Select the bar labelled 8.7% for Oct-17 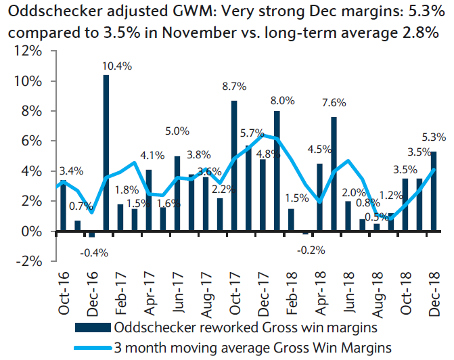[x=234, y=166]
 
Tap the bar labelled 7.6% [x=334, y=174]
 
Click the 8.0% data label [x=283, y=101]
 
